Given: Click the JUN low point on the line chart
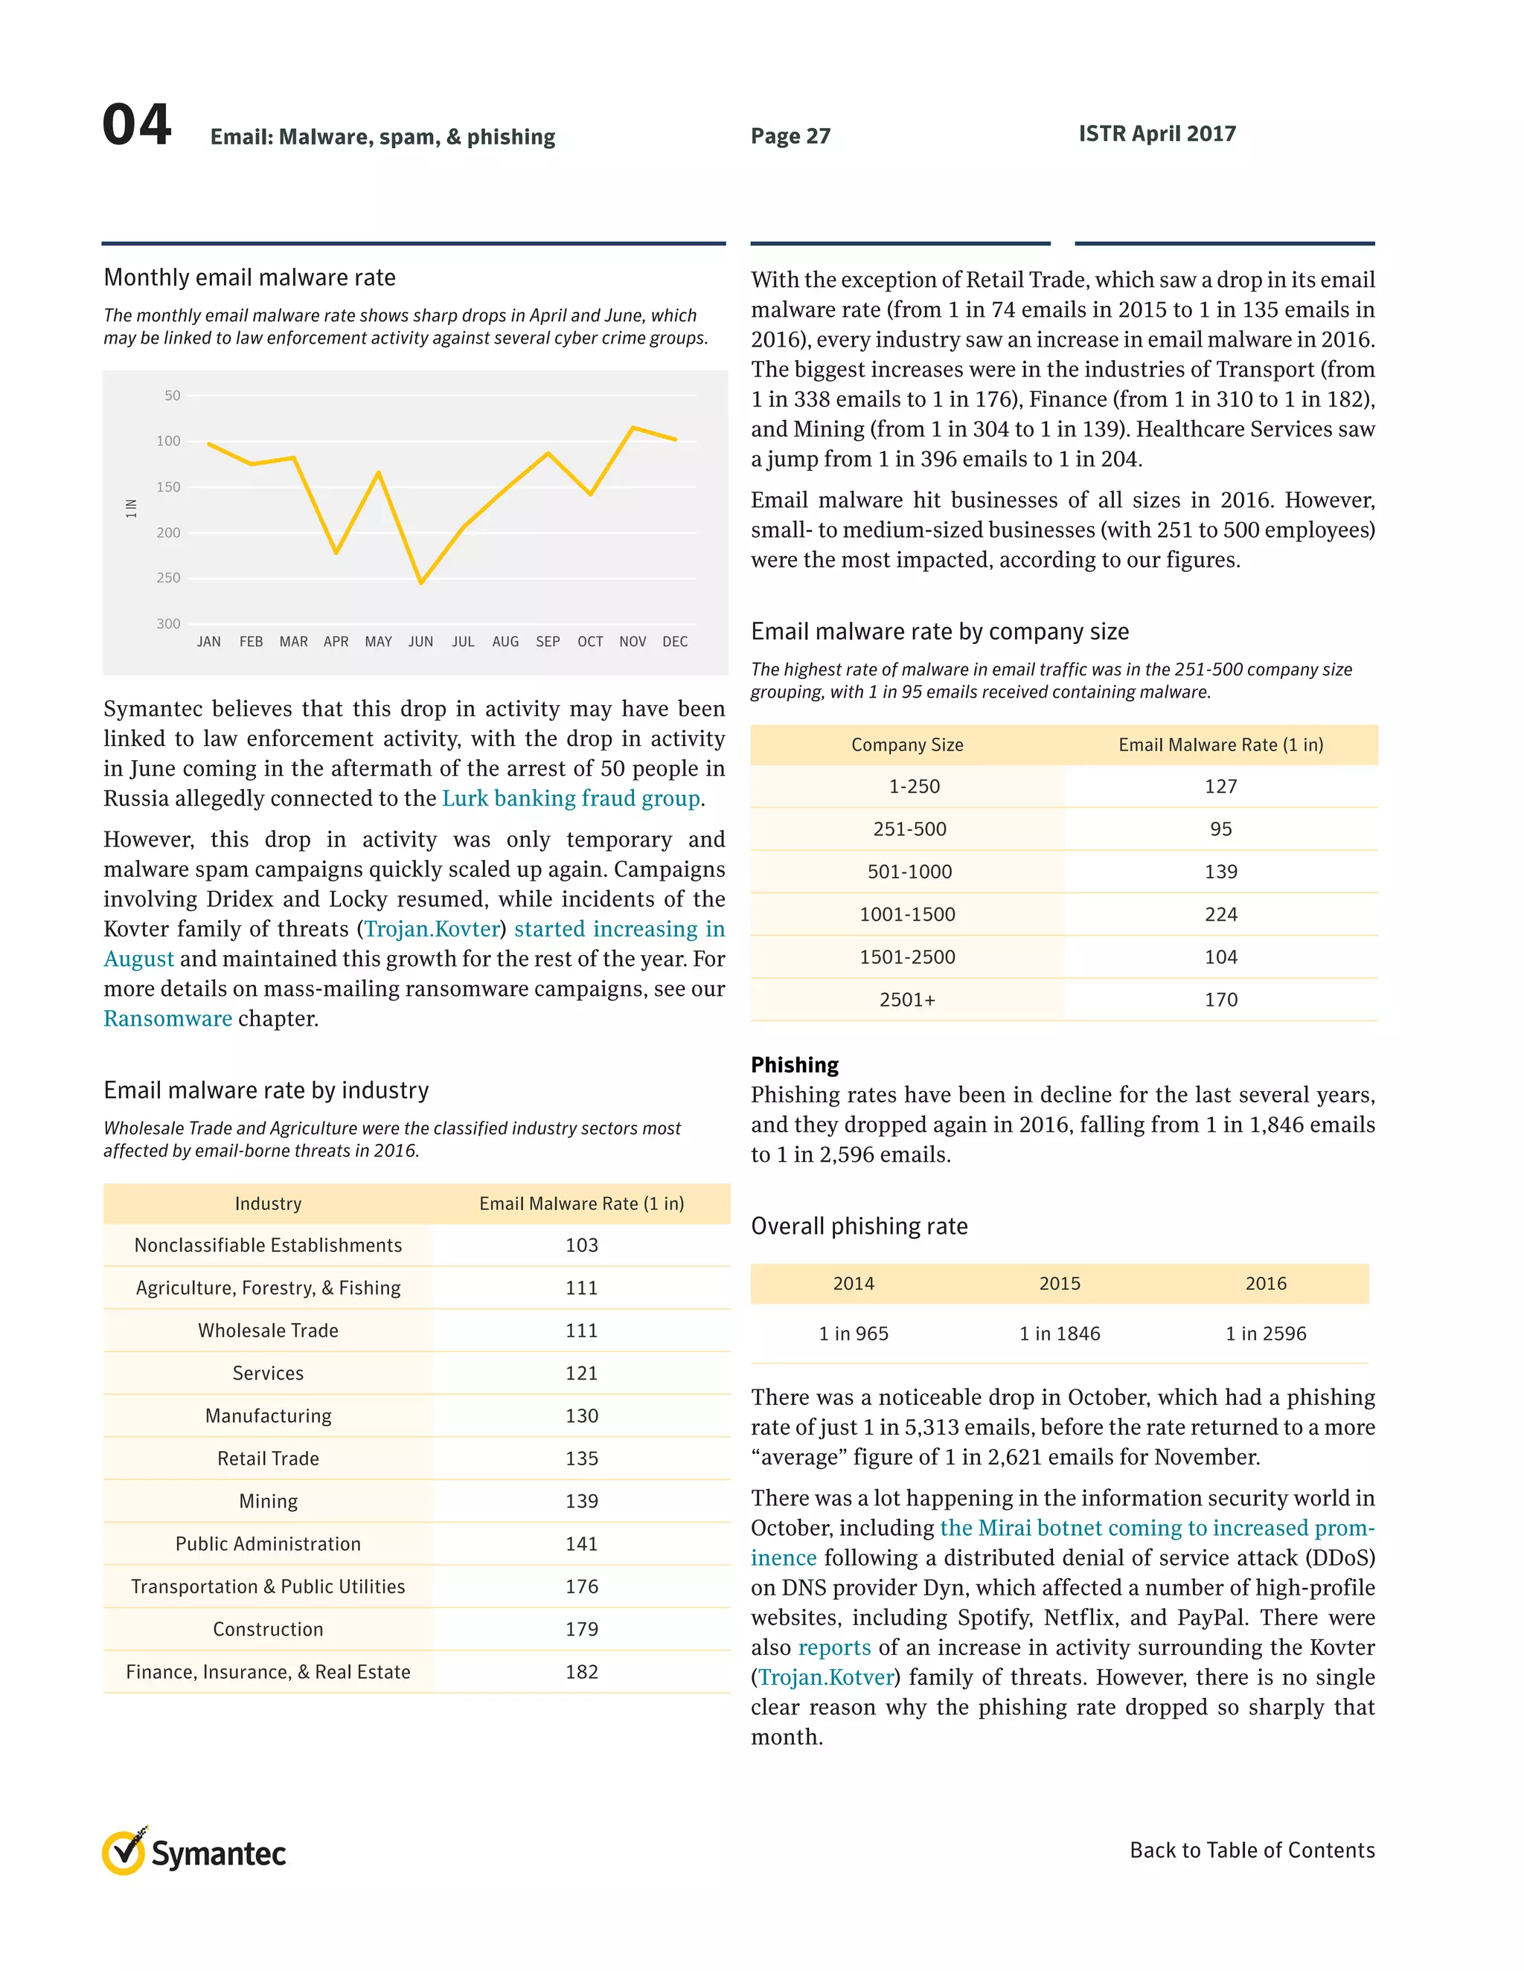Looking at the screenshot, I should click(x=420, y=583).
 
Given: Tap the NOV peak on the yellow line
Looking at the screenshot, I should click(x=633, y=427).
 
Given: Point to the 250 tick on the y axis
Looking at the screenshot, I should click(x=169, y=578).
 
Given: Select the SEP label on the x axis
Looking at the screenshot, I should click(x=548, y=642).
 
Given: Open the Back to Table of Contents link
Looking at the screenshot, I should click(x=1252, y=1850).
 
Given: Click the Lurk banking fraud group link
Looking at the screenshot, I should click(x=571, y=799).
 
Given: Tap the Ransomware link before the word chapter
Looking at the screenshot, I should click(x=168, y=1019).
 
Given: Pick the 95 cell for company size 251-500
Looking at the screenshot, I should click(x=1220, y=829).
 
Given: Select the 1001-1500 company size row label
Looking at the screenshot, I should click(x=907, y=914).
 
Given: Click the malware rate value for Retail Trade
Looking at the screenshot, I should click(x=581, y=1459).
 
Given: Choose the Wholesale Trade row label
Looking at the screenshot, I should click(x=268, y=1331).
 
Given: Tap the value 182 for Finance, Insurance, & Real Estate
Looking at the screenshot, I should click(x=581, y=1671).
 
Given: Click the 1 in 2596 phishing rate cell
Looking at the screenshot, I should click(x=1265, y=1334).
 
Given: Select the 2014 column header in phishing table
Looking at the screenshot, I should click(x=854, y=1283).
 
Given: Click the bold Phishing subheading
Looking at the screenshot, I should click(x=795, y=1065).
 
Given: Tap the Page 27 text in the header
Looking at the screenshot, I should click(x=790, y=136).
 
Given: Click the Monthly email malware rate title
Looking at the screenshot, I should click(x=250, y=278).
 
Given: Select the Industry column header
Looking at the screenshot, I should click(x=268, y=1204).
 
